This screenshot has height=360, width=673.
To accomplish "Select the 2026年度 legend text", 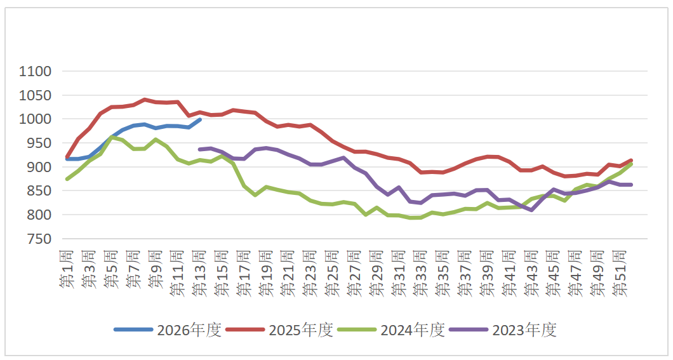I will click(x=189, y=330).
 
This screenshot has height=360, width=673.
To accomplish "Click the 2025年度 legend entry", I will click(x=300, y=330).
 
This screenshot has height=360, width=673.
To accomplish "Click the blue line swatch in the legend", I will click(x=133, y=330).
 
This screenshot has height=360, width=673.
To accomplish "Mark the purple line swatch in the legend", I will click(x=469, y=330).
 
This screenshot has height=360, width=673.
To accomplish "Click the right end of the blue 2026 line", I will click(x=200, y=119).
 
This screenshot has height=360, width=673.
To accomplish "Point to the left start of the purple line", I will click(x=200, y=150).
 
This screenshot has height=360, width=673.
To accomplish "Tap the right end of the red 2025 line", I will click(x=630, y=161).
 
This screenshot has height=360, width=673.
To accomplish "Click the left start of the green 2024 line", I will click(x=67, y=179).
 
